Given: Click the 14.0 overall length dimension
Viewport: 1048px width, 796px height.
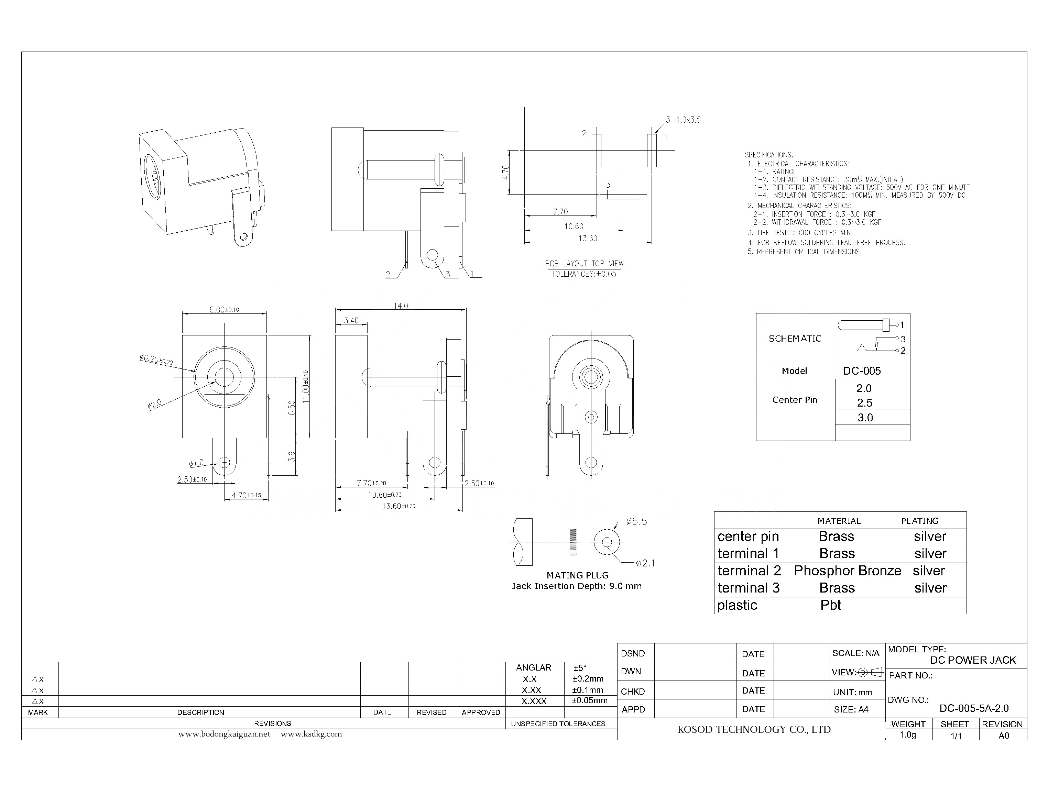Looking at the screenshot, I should (x=400, y=306).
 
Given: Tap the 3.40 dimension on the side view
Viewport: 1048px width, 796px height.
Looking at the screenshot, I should (x=351, y=320).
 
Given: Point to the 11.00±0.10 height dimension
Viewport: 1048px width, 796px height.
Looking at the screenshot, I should (x=306, y=386).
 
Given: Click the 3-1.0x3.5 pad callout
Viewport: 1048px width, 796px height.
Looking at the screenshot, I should (x=683, y=120).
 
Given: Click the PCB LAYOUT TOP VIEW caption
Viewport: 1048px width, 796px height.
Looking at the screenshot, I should (x=584, y=263).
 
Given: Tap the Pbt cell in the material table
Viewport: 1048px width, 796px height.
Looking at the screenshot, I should (x=830, y=605).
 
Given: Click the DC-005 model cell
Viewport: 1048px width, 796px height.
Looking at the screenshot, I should (x=861, y=371).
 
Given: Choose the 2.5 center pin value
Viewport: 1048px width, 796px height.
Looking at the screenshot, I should (x=864, y=403).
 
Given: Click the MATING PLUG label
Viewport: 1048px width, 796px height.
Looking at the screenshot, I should (x=577, y=575).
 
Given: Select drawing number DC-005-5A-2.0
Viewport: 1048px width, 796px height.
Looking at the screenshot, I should (x=974, y=708).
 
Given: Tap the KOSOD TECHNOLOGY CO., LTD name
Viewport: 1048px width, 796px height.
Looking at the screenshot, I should (x=754, y=730).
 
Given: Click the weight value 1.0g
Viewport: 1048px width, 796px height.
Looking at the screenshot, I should (x=908, y=735).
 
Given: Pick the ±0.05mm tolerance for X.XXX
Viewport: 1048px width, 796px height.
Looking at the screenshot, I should (x=589, y=700).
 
